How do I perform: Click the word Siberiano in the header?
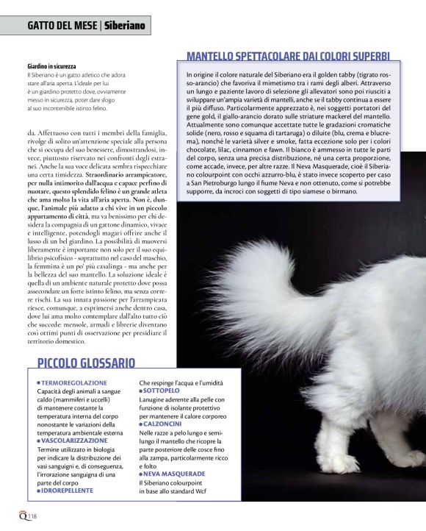tap(124, 26)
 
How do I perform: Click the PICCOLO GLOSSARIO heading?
tap(86, 362)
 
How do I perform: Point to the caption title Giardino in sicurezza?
tap(51, 67)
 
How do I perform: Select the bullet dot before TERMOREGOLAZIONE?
tap(38, 383)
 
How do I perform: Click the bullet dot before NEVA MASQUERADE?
tap(141, 474)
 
